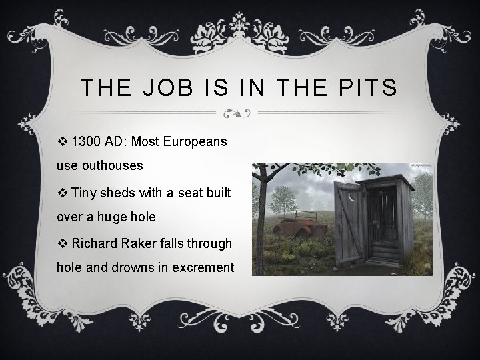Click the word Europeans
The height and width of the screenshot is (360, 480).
click(194, 142)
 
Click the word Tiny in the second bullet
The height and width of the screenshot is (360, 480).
click(84, 193)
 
